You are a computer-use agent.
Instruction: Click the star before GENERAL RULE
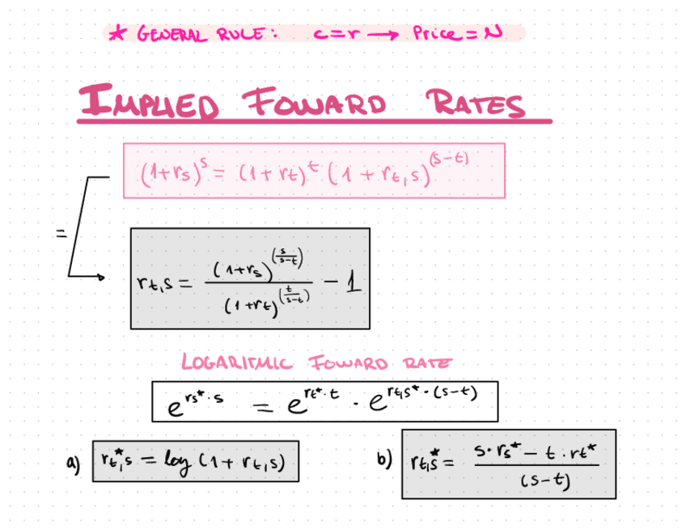tap(119, 34)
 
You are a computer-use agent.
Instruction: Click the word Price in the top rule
tap(437, 34)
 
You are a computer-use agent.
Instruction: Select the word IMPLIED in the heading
tap(149, 104)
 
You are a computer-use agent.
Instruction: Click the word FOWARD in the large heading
tap(315, 104)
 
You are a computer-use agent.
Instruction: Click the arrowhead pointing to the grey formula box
tap(100, 277)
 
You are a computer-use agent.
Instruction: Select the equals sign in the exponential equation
tap(261, 405)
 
